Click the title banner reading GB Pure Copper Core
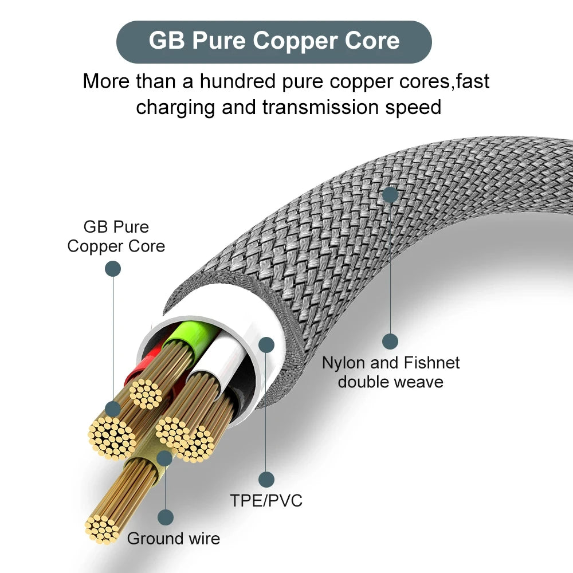pyautogui.click(x=274, y=42)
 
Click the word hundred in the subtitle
pyautogui.click(x=236, y=81)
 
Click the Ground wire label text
pyautogui.click(x=173, y=539)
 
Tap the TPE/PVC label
pyautogui.click(x=266, y=500)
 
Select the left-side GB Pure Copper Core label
pyautogui.click(x=116, y=236)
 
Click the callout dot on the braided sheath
pyautogui.click(x=390, y=195)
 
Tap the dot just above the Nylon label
pyautogui.click(x=390, y=342)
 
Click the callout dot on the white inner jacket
pyautogui.click(x=266, y=344)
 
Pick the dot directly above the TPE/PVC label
pyautogui.click(x=266, y=479)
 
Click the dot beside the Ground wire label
pyautogui.click(x=166, y=517)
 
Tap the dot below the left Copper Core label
pyautogui.click(x=113, y=269)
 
